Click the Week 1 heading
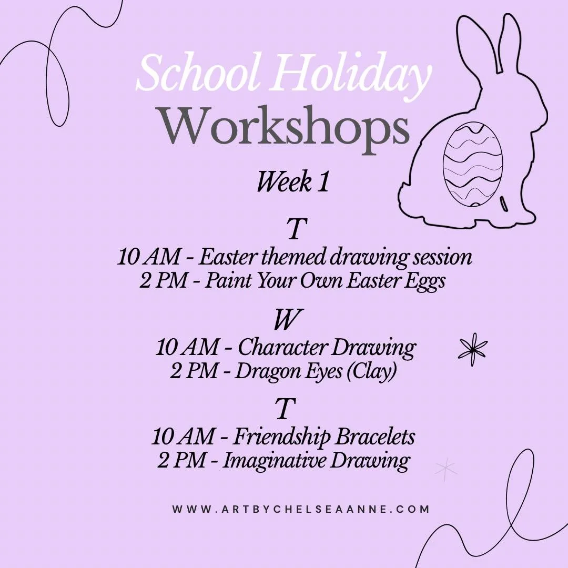click(292, 182)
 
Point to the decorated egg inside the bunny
click(473, 164)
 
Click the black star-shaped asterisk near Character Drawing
click(473, 349)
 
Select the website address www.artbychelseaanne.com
click(301, 509)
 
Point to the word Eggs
click(426, 280)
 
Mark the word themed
click(293, 257)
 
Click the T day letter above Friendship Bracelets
click(285, 409)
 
